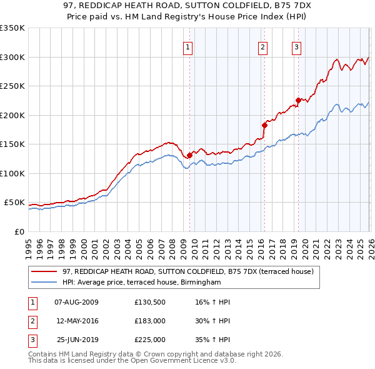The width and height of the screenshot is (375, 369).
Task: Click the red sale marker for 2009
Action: pyautogui.click(x=189, y=155)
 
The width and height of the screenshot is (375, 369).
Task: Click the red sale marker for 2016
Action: pyautogui.click(x=264, y=125)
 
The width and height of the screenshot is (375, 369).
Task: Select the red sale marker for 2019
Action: pyautogui.click(x=298, y=100)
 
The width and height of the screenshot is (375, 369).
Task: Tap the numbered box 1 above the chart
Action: pyautogui.click(x=188, y=46)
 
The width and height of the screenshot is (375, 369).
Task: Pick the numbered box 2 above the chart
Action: pyautogui.click(x=262, y=46)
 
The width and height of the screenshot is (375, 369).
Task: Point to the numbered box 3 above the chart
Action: pyautogui.click(x=296, y=46)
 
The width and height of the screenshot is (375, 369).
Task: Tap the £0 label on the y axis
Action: pyautogui.click(x=19, y=231)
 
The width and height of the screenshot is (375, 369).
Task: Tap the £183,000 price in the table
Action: pyautogui.click(x=150, y=321)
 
